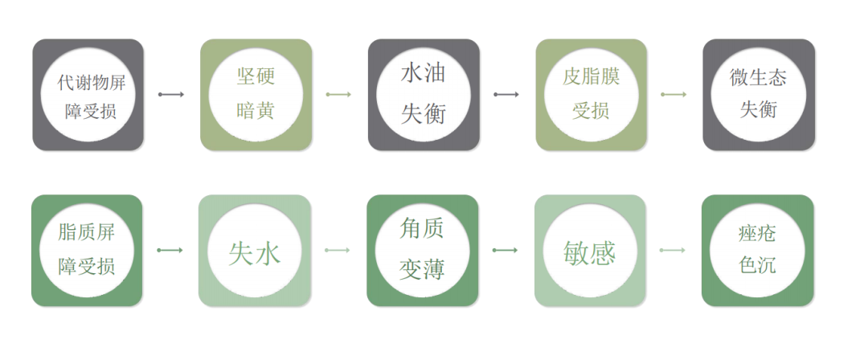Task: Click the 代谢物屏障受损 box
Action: pyautogui.click(x=88, y=95)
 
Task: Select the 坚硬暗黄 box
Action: pyautogui.click(x=256, y=95)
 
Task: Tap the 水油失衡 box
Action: pyautogui.click(x=424, y=95)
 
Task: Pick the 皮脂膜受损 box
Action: pyautogui.click(x=591, y=95)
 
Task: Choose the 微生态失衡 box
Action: pyautogui.click(x=758, y=95)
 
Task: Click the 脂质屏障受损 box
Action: pyautogui.click(x=87, y=251)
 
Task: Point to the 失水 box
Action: pyautogui.click(x=255, y=251)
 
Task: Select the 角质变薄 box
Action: pyautogui.click(x=423, y=251)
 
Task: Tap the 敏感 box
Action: pyautogui.click(x=590, y=251)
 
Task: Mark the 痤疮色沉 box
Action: pyautogui.click(x=757, y=251)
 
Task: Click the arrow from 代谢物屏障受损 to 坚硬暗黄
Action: pyautogui.click(x=171, y=95)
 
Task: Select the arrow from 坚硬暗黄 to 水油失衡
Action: pyautogui.click(x=338, y=95)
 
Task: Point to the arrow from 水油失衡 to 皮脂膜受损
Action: pyautogui.click(x=506, y=95)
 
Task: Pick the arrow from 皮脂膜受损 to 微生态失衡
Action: pyautogui.click(x=674, y=95)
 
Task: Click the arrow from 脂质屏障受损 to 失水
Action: pyautogui.click(x=170, y=251)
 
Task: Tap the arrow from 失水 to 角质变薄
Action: pyautogui.click(x=338, y=251)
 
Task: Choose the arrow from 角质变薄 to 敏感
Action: pyautogui.click(x=506, y=251)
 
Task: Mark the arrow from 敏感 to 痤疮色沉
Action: pyautogui.click(x=673, y=251)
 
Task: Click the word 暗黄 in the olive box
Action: pyautogui.click(x=256, y=111)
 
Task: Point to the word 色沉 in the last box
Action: pyautogui.click(x=757, y=265)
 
